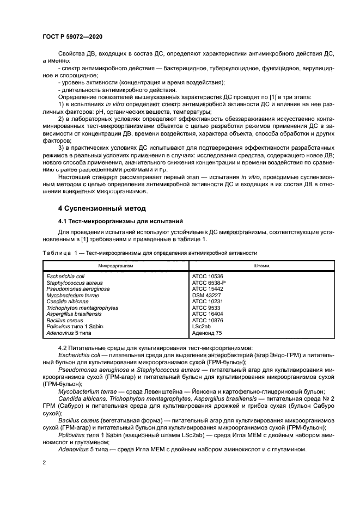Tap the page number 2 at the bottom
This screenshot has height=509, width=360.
pyautogui.click(x=44, y=462)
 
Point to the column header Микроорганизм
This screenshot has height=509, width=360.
pyautogui.click(x=115, y=266)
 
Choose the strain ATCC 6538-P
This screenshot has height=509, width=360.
pyautogui.click(x=209, y=283)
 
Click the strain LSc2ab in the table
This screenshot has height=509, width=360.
pyautogui.click(x=202, y=326)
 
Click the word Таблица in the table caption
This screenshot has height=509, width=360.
pyautogui.click(x=56, y=253)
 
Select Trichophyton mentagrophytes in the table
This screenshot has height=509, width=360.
pyautogui.click(x=82, y=308)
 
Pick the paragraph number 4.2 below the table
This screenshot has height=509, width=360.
pyautogui.click(x=63, y=348)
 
